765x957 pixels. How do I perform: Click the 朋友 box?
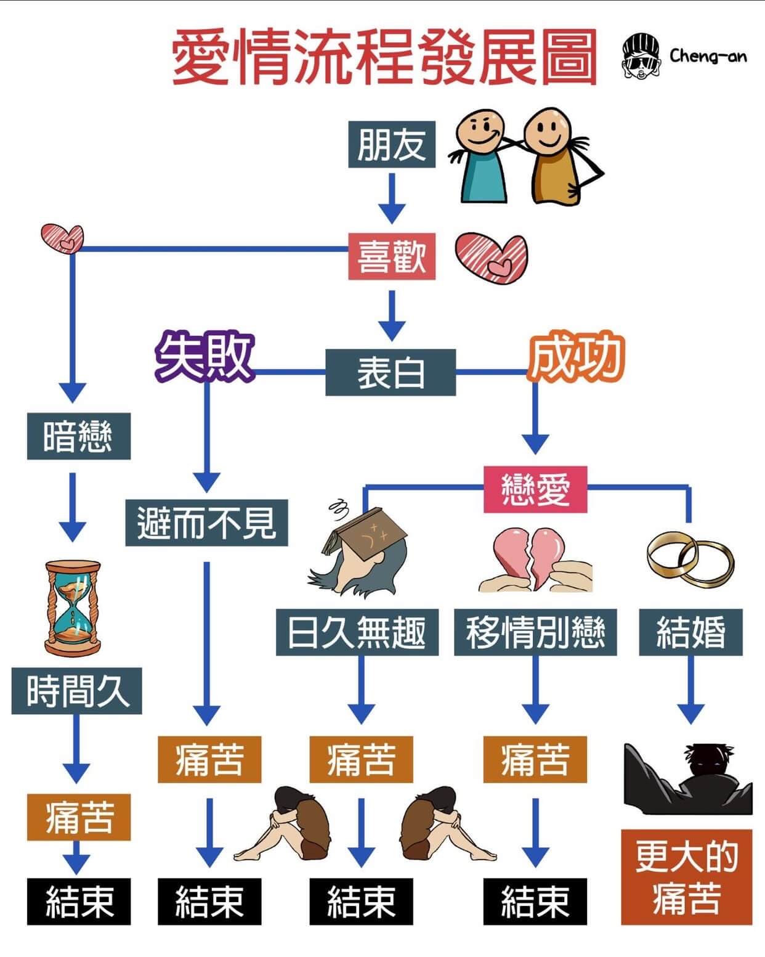[391, 145]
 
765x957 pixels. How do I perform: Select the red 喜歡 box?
[391, 256]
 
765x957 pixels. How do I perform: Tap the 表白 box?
[391, 372]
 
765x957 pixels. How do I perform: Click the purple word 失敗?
[204, 357]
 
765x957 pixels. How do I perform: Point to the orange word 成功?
[577, 357]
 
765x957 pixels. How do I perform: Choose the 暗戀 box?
[78, 436]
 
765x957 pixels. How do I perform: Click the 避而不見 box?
[206, 523]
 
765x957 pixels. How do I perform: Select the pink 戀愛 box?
[535, 489]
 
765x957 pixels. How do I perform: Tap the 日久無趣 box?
[357, 632]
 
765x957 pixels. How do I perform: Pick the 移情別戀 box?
[535, 632]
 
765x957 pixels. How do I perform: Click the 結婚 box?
[690, 632]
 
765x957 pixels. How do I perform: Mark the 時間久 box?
[77, 691]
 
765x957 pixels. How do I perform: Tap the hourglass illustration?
[73, 606]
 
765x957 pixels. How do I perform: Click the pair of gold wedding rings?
[690, 558]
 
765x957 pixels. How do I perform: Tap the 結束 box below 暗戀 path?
[79, 901]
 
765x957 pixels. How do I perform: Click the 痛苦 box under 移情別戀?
[535, 759]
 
